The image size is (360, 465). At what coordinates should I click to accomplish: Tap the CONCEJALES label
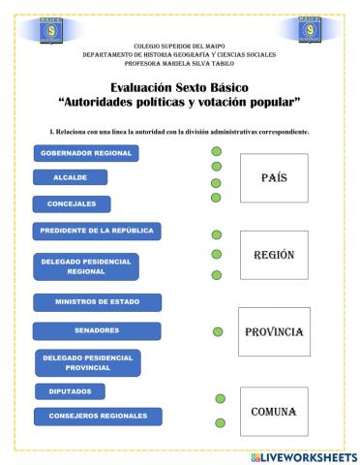[72, 203]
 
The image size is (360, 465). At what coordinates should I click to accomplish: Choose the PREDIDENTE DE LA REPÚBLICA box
[97, 231]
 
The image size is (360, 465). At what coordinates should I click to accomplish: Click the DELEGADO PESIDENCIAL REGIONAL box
[85, 266]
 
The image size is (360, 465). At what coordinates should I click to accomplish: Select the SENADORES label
[96, 330]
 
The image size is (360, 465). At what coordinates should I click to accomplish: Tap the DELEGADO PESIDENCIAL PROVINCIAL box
[86, 362]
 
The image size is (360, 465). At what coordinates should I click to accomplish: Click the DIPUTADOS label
[70, 391]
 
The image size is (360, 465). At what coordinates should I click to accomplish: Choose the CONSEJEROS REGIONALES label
[98, 416]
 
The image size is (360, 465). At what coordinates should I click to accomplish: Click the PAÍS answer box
[273, 178]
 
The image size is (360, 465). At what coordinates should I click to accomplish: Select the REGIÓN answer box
[273, 255]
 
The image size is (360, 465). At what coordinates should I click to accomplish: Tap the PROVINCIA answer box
[274, 332]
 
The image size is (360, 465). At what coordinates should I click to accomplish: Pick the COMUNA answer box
[272, 412]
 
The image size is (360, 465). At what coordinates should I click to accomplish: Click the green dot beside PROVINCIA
[218, 331]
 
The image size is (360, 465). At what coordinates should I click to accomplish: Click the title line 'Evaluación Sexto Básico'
[180, 87]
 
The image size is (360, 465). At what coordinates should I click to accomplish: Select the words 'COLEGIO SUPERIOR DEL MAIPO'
[179, 46]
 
